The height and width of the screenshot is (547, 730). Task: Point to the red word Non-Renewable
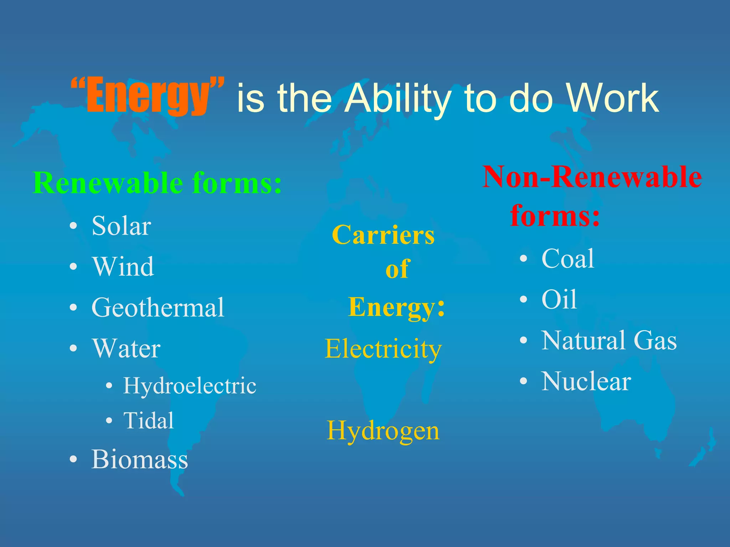pyautogui.click(x=592, y=177)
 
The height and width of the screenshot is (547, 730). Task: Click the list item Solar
pyautogui.click(x=121, y=226)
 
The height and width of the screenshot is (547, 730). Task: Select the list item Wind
pyautogui.click(x=123, y=267)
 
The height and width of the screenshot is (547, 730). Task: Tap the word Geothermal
pyautogui.click(x=158, y=308)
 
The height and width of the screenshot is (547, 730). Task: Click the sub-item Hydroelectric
pyautogui.click(x=190, y=386)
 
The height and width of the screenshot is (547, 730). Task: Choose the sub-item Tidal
pyautogui.click(x=148, y=421)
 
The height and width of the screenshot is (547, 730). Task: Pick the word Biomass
pyautogui.click(x=139, y=459)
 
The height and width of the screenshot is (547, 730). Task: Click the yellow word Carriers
pyautogui.click(x=383, y=235)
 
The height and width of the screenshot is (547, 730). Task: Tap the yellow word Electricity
pyautogui.click(x=383, y=349)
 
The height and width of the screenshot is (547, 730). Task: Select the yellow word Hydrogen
pyautogui.click(x=383, y=431)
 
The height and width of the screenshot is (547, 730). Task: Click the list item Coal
pyautogui.click(x=568, y=259)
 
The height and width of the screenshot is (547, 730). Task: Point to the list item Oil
pyautogui.click(x=559, y=299)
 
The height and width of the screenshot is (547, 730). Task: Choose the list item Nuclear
pyautogui.click(x=586, y=381)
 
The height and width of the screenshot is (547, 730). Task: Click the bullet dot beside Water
pyautogui.click(x=73, y=348)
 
